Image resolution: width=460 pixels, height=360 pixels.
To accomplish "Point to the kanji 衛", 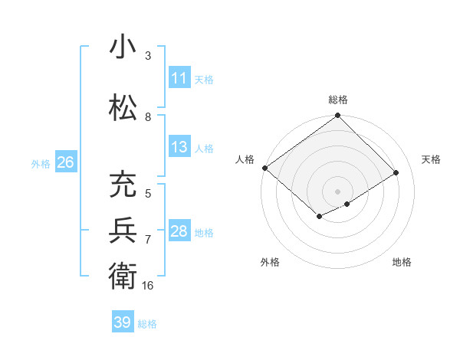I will coord(122,274).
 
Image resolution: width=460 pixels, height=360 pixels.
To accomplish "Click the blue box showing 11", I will coord(179,78).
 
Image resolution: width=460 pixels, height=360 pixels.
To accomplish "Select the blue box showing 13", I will coord(179,147).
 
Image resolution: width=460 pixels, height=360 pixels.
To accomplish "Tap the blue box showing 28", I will coord(179,231).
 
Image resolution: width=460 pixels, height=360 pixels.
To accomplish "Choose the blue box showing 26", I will coord(65,162).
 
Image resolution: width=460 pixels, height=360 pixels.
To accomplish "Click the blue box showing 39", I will coord(122,322).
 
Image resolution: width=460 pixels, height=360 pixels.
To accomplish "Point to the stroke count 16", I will coord(148,286).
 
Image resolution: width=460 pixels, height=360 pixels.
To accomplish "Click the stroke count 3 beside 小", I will coord(148,56).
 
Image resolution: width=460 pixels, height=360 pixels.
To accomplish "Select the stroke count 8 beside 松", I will coord(148,116).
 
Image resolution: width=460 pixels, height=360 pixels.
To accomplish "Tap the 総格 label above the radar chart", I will coord(337,100).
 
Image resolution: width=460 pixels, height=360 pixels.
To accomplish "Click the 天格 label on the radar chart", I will coord(431,159).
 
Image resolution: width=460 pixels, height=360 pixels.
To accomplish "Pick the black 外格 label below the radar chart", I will coord(270,262).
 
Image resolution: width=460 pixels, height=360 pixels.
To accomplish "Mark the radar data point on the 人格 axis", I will coord(264,168).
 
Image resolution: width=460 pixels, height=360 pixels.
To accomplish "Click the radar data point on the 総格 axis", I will coord(337,116).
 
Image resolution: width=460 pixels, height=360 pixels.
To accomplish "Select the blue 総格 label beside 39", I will coord(147,324).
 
